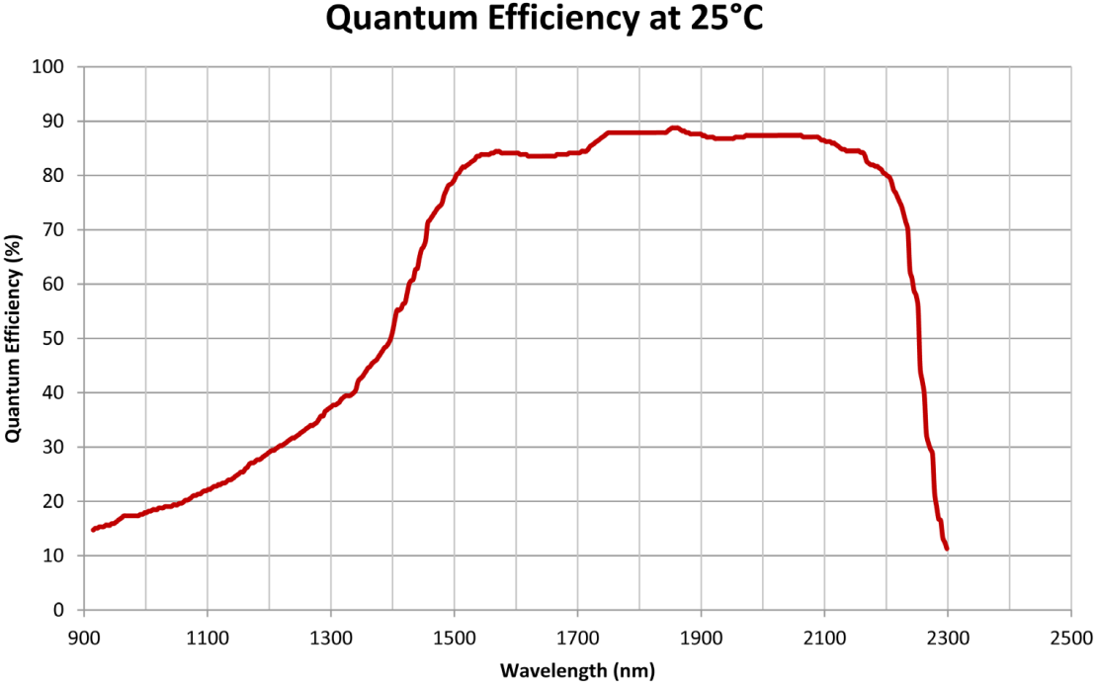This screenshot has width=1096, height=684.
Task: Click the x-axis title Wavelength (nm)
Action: [577, 670]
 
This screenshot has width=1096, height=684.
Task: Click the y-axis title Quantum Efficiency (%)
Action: [13, 338]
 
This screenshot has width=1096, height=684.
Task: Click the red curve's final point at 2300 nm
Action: [947, 548]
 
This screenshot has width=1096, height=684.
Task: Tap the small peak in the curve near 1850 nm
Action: [674, 128]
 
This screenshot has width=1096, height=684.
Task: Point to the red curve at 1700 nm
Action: [577, 152]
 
